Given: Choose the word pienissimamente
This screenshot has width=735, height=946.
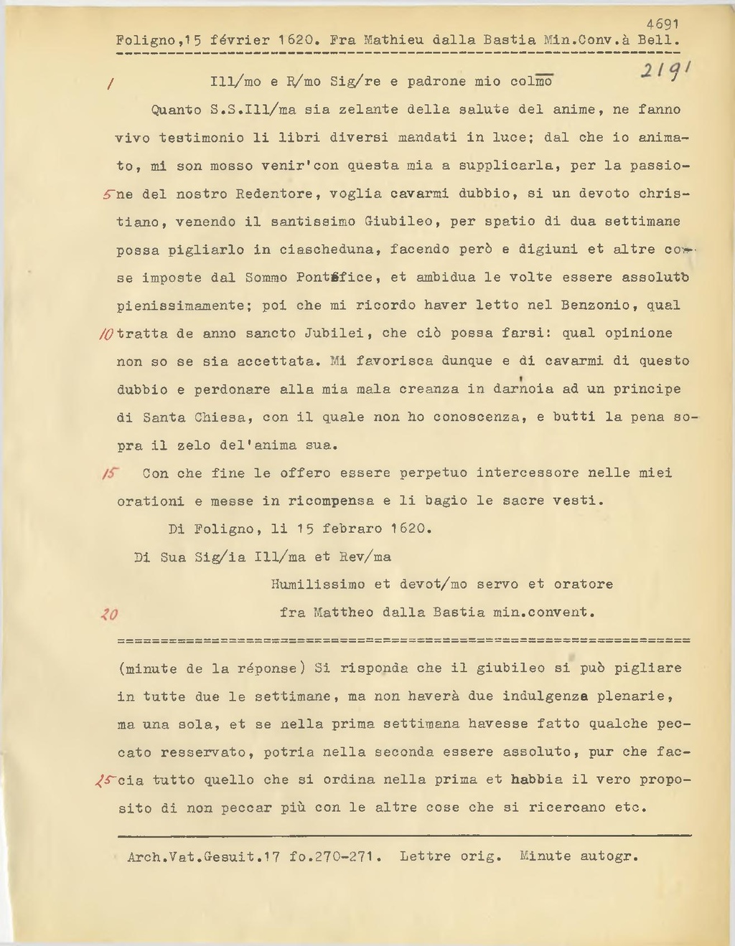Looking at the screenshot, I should point(179,306).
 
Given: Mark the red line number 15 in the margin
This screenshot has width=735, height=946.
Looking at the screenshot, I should point(111,473).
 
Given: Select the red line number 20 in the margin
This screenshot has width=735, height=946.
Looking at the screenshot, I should point(110,614).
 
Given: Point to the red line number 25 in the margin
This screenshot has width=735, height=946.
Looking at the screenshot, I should point(107,780).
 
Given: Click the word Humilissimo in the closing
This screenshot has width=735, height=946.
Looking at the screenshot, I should point(317,585).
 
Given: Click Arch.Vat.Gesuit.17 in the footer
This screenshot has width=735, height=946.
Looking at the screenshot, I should point(203,856).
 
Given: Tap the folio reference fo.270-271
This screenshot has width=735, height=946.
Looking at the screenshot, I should point(335,856).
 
